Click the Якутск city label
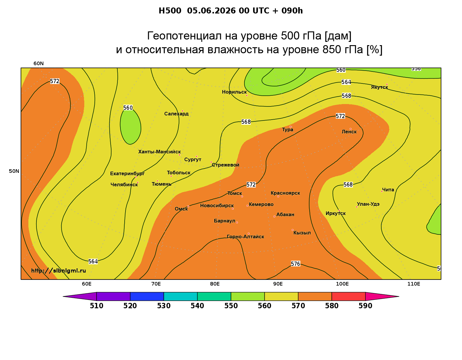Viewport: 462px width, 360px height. point(379,87)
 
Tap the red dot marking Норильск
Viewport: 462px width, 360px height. point(247,95)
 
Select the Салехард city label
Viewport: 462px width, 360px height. point(176,114)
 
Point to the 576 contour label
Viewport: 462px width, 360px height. point(295,264)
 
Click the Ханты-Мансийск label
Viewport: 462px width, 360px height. point(160,152)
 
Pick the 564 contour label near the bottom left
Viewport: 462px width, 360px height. point(93,261)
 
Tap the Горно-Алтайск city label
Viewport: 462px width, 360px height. point(245,237)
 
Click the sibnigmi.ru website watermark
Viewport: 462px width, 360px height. point(59,271)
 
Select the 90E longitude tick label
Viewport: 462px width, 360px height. point(278,284)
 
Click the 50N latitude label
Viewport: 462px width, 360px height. point(14,171)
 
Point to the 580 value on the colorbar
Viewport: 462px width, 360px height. point(332,306)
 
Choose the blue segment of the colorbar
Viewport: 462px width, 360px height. point(147,296)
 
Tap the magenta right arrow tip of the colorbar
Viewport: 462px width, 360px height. point(399,296)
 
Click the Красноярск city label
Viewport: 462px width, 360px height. point(285,193)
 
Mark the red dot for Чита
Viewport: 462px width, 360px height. point(382,191)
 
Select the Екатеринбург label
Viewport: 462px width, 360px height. point(127,173)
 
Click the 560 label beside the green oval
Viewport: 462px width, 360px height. point(128,108)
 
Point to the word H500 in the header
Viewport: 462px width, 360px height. point(170,11)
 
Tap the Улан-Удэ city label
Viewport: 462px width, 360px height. point(368,204)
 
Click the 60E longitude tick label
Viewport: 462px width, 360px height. point(87,284)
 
